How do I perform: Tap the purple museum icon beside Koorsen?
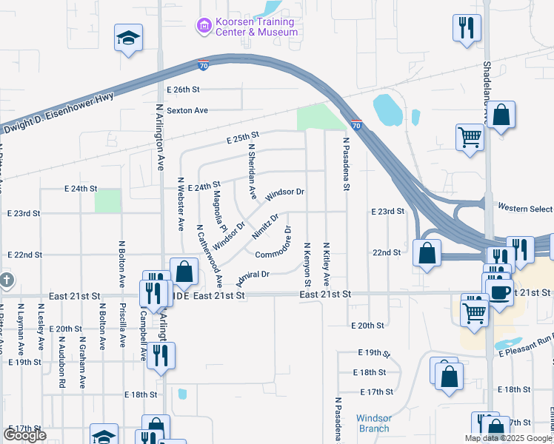pyautogui.click(x=203, y=27)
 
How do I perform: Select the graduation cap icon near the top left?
pyautogui.click(x=128, y=38)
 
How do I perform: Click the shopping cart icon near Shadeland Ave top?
pyautogui.click(x=470, y=137)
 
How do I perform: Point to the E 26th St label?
pyautogui.click(x=184, y=89)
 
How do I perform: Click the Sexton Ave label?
pyautogui.click(x=187, y=110)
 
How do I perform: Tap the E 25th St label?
pyautogui.click(x=242, y=137)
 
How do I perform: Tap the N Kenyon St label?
pyautogui.click(x=307, y=264)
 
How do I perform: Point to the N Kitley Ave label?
pyautogui.click(x=326, y=264)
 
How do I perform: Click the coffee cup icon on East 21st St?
pyautogui.click(x=498, y=290)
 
